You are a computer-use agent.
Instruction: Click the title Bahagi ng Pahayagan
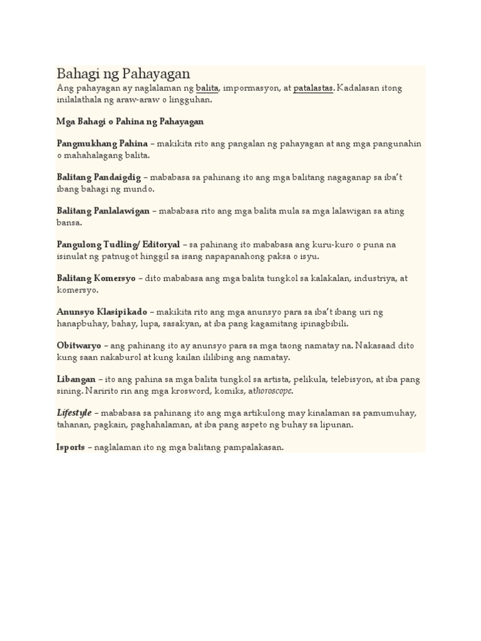pos(123,74)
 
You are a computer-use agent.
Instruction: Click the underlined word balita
pos(207,88)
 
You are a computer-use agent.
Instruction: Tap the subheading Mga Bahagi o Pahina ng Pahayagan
pos(130,121)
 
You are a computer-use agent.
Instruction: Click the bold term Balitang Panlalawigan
pos(103,211)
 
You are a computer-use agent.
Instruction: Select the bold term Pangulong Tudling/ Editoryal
pos(118,245)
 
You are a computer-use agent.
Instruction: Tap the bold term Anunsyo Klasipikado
pos(102,312)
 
